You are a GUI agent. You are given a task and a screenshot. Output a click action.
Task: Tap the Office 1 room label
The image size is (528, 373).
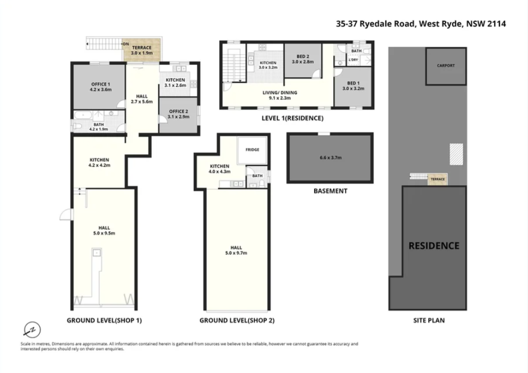pyautogui.click(x=100, y=84)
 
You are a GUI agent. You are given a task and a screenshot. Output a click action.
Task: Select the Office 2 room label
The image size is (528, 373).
pyautogui.click(x=178, y=111)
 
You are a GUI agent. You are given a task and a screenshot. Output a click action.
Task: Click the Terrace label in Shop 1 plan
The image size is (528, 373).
pyautogui.click(x=142, y=47)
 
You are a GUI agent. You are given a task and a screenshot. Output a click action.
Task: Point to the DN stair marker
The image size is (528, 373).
pyautogui.click(x=125, y=44)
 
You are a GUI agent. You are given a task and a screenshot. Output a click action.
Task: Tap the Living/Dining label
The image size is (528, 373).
pyautogui.click(x=280, y=93)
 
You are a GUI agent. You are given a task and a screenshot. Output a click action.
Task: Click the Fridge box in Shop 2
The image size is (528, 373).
pyautogui.click(x=252, y=150)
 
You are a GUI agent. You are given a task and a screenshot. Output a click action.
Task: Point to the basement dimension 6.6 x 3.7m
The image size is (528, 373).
pyautogui.click(x=330, y=158)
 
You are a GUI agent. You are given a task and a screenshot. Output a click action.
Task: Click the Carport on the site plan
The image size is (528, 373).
pyautogui.click(x=445, y=66)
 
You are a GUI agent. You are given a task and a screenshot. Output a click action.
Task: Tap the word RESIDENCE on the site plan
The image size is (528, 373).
pyautogui.click(x=434, y=246)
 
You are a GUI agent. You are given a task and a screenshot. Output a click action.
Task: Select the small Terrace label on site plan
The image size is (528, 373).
pyautogui.click(x=438, y=179)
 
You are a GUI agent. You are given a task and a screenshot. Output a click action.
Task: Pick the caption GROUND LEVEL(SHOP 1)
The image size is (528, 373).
pyautogui.click(x=104, y=320)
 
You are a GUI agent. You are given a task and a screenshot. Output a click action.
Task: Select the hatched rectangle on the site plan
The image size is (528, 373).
pyautogui.click(x=456, y=153)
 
